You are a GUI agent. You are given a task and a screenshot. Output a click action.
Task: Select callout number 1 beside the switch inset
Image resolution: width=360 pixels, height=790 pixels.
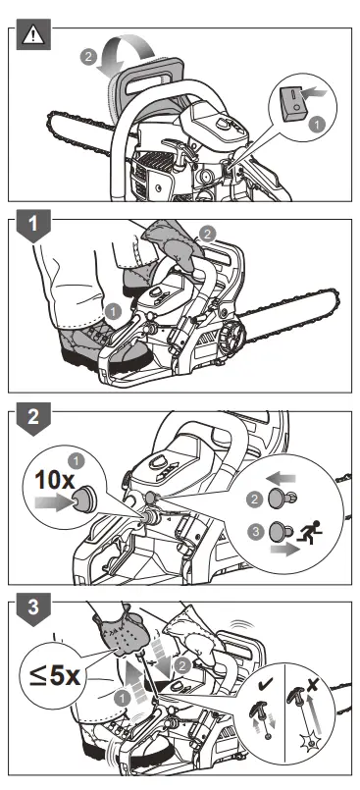tap(317, 126)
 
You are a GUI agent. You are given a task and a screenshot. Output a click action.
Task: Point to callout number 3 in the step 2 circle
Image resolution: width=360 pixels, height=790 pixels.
tap(255, 532)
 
